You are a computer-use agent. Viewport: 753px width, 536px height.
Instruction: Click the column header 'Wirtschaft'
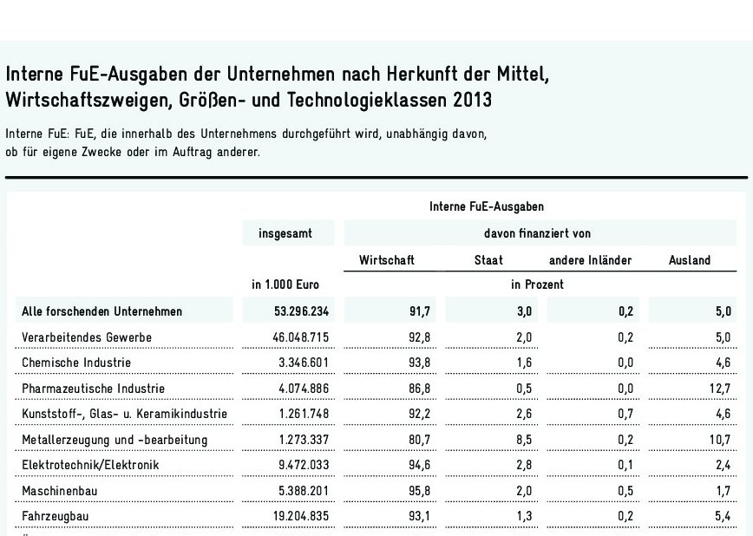pyautogui.click(x=387, y=260)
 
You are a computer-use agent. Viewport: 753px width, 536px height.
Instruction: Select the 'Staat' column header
pyautogui.click(x=488, y=260)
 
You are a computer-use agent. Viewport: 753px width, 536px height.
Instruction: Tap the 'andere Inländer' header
pyautogui.click(x=590, y=260)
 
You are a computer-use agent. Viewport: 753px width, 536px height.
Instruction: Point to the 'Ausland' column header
pyautogui.click(x=690, y=260)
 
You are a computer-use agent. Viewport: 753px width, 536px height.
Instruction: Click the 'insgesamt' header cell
pyautogui.click(x=284, y=233)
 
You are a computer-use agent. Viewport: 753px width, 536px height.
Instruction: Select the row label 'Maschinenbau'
pyautogui.click(x=59, y=490)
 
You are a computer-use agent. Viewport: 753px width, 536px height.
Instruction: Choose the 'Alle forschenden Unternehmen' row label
pyautogui.click(x=102, y=310)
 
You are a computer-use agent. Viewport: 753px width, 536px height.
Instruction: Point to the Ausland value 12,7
pyautogui.click(x=719, y=388)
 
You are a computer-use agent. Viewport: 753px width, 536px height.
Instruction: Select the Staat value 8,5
pyautogui.click(x=523, y=439)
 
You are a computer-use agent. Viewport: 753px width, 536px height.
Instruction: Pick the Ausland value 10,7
pyautogui.click(x=719, y=439)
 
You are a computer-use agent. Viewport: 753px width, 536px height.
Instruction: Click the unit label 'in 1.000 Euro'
pyautogui.click(x=285, y=284)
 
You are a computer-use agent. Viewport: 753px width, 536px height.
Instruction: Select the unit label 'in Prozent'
pyautogui.click(x=538, y=284)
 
